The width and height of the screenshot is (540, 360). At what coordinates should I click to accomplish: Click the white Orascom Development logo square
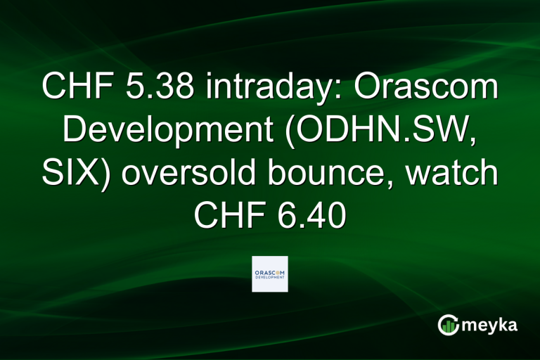[x=270, y=274]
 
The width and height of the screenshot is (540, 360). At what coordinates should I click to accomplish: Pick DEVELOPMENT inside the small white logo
[x=270, y=278]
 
